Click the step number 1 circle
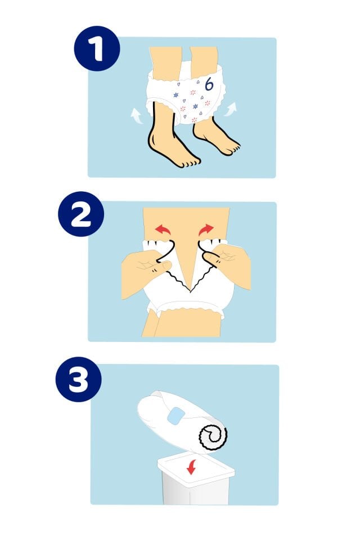(97, 48)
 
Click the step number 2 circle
(81, 214)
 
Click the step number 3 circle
(79, 379)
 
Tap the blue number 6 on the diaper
(209, 84)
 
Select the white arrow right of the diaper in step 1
(231, 109)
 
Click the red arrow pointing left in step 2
(162, 229)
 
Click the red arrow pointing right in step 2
(206, 229)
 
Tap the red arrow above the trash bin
(191, 467)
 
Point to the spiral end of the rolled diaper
(213, 435)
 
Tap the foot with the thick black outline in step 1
(170, 145)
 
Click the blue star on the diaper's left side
(175, 94)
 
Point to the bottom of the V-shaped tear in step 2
(190, 290)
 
